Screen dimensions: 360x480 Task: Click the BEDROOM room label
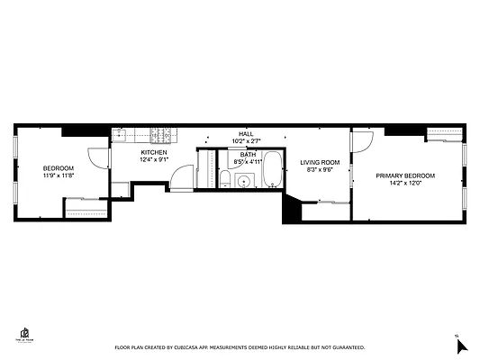pos(59,168)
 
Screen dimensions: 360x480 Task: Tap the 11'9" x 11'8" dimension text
pos(59,176)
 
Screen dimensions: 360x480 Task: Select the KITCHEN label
pos(153,153)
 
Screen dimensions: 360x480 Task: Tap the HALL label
pos(246,133)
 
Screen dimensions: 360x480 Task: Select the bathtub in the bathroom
pos(273,169)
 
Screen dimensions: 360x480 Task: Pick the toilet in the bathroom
pos(223,181)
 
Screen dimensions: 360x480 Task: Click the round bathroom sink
pos(242,181)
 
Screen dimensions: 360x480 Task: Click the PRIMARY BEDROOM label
pos(405,175)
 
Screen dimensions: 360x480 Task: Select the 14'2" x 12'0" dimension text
pos(405,184)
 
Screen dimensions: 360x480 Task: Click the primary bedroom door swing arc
pos(362,141)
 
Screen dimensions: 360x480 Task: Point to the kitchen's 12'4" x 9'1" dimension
pos(153,161)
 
